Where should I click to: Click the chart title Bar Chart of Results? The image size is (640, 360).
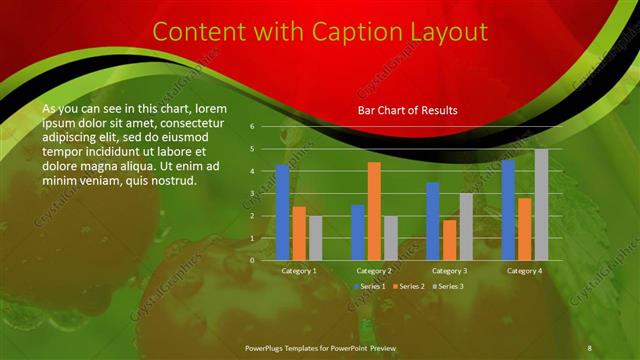coord(407,110)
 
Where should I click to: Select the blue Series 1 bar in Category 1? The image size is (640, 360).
coord(283,212)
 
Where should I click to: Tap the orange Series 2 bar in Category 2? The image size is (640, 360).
coord(374,211)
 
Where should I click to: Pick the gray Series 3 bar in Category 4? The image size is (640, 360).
coord(541,204)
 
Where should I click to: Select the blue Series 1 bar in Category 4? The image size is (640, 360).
coord(509,209)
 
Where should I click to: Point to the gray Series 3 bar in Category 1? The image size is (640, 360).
coord(316,238)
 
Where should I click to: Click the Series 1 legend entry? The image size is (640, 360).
coord(368,286)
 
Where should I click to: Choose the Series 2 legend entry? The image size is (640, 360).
coord(408,286)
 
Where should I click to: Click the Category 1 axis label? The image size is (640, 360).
coord(299,271)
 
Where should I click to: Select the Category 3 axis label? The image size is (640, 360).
coord(449,271)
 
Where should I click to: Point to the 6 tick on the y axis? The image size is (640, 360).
coord(253,127)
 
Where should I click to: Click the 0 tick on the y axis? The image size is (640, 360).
coord(253,260)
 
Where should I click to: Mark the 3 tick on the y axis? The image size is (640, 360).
coord(253,194)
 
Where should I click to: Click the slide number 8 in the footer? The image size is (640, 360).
coord(589,347)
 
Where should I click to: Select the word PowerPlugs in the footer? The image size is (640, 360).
coord(268,347)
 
